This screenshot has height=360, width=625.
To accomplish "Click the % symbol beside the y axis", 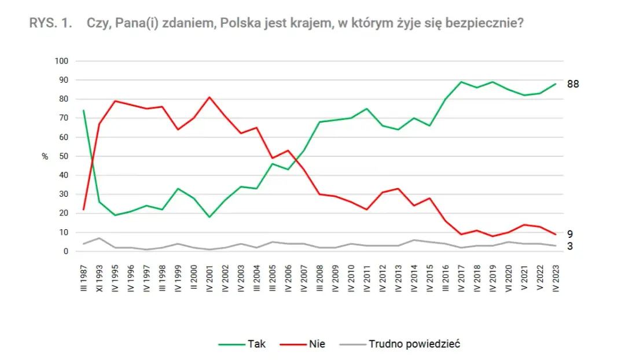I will tap(45, 156).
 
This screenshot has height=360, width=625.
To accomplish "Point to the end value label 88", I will tap(572, 84).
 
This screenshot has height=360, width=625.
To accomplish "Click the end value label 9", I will tap(569, 234).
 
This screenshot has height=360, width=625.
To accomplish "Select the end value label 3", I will tap(569, 246).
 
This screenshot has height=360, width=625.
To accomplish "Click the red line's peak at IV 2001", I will tap(209, 97).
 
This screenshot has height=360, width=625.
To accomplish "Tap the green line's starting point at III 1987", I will tap(83, 111).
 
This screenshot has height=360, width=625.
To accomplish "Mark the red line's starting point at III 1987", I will tap(83, 210).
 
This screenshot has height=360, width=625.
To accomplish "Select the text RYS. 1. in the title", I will tap(50, 23).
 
